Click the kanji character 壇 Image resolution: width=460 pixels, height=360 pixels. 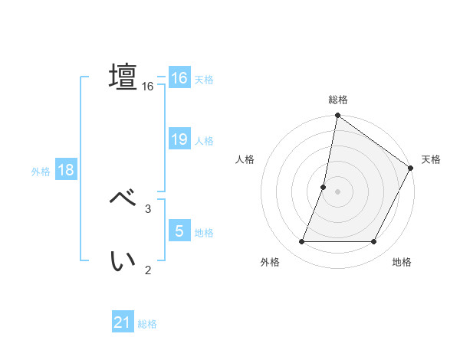123,77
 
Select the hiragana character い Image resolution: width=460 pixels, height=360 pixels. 123,261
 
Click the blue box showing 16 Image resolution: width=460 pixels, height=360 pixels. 179,78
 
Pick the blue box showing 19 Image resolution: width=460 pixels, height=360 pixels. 179,139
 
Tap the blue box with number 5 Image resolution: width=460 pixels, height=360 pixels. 179,231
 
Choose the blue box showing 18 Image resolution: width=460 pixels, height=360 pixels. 66,170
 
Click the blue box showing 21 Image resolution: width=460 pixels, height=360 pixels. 123,322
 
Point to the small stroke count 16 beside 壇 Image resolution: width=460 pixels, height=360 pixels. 148,87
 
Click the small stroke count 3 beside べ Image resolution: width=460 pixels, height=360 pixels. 148,208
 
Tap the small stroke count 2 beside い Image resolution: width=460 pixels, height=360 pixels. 148,270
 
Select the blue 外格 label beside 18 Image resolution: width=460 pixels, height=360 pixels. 41,172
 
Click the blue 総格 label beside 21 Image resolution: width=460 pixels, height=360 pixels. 147,324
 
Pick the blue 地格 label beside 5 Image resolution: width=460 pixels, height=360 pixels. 204,233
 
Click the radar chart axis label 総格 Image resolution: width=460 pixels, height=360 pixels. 338,100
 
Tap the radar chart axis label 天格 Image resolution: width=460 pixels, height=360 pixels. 432,159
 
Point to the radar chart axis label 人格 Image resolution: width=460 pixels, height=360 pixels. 245,159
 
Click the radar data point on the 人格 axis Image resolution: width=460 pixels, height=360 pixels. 324,187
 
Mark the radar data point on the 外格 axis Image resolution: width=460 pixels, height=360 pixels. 302,241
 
